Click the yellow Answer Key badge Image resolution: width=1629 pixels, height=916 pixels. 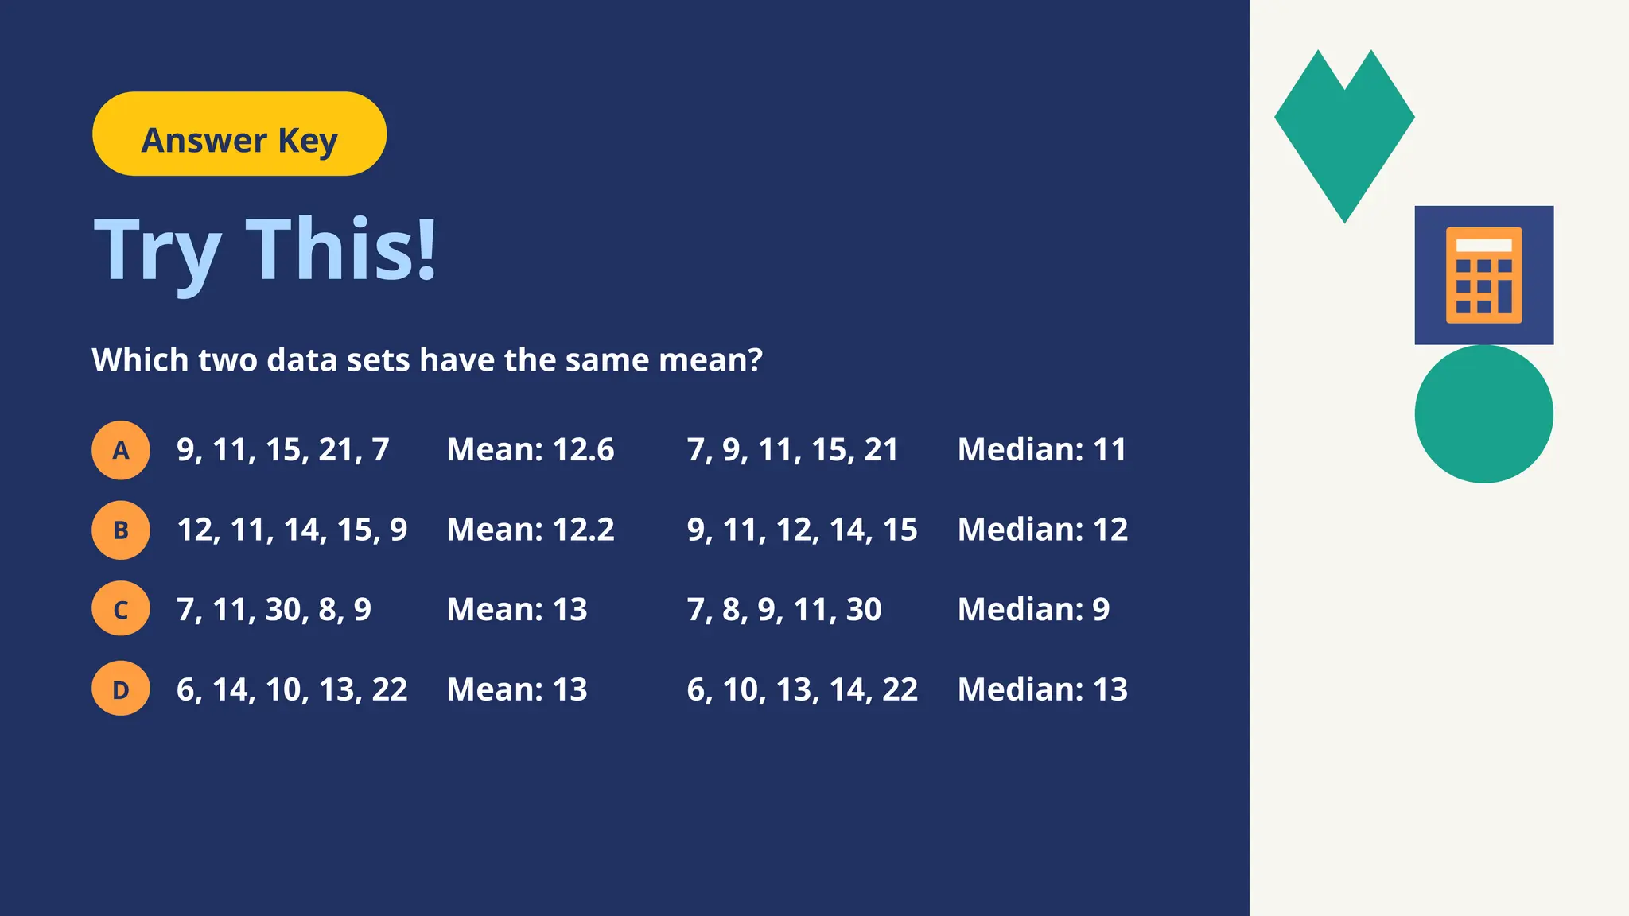pyautogui.click(x=239, y=134)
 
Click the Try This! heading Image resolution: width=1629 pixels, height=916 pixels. pyautogui.click(x=266, y=250)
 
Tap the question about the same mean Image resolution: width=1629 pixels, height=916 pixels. pyautogui.click(x=427, y=360)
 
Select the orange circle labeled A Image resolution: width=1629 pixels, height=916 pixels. pyautogui.click(x=121, y=450)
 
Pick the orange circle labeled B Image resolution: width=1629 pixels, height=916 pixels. pyautogui.click(x=121, y=530)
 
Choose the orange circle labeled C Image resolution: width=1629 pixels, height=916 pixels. pyautogui.click(x=121, y=610)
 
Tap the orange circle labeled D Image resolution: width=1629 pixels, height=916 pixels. pyautogui.click(x=121, y=689)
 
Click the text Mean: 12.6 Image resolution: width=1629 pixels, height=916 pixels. pyautogui.click(x=531, y=450)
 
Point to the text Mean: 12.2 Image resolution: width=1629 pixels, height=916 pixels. pyautogui.click(x=531, y=530)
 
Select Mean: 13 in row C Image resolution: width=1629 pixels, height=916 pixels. pyautogui.click(x=517, y=610)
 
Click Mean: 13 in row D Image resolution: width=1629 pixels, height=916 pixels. pyautogui.click(x=517, y=689)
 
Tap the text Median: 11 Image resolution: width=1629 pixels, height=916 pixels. pyautogui.click(x=1042, y=450)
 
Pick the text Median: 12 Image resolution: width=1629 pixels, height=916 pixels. pyautogui.click(x=1043, y=530)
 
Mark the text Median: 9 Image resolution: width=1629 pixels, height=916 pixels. pyautogui.click(x=1033, y=610)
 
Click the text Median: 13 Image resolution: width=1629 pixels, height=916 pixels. pyautogui.click(x=1043, y=689)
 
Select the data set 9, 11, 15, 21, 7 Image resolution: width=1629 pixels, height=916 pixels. pyautogui.click(x=283, y=450)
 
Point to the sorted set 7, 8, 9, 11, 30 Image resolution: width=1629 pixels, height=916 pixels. pyautogui.click(x=784, y=610)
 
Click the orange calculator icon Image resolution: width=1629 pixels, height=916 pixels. pyautogui.click(x=1483, y=275)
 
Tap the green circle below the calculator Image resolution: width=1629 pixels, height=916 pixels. pyautogui.click(x=1483, y=413)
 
